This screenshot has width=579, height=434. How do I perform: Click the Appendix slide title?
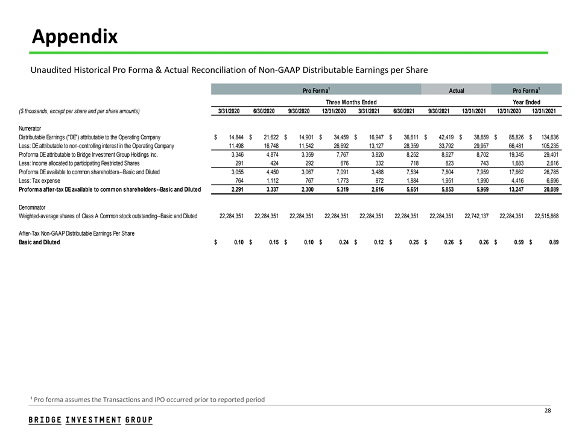click(x=75, y=37)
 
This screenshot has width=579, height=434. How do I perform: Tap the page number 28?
click(x=548, y=410)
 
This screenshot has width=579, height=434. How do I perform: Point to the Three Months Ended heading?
click(x=351, y=102)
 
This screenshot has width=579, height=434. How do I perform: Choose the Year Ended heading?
click(x=526, y=102)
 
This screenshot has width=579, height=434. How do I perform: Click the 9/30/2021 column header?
click(x=440, y=111)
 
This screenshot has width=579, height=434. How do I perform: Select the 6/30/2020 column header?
click(x=265, y=111)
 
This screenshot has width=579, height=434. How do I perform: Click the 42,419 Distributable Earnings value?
click(x=441, y=137)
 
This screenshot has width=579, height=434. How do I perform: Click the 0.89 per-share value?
click(x=552, y=242)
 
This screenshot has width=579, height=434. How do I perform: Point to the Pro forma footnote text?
click(x=147, y=400)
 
